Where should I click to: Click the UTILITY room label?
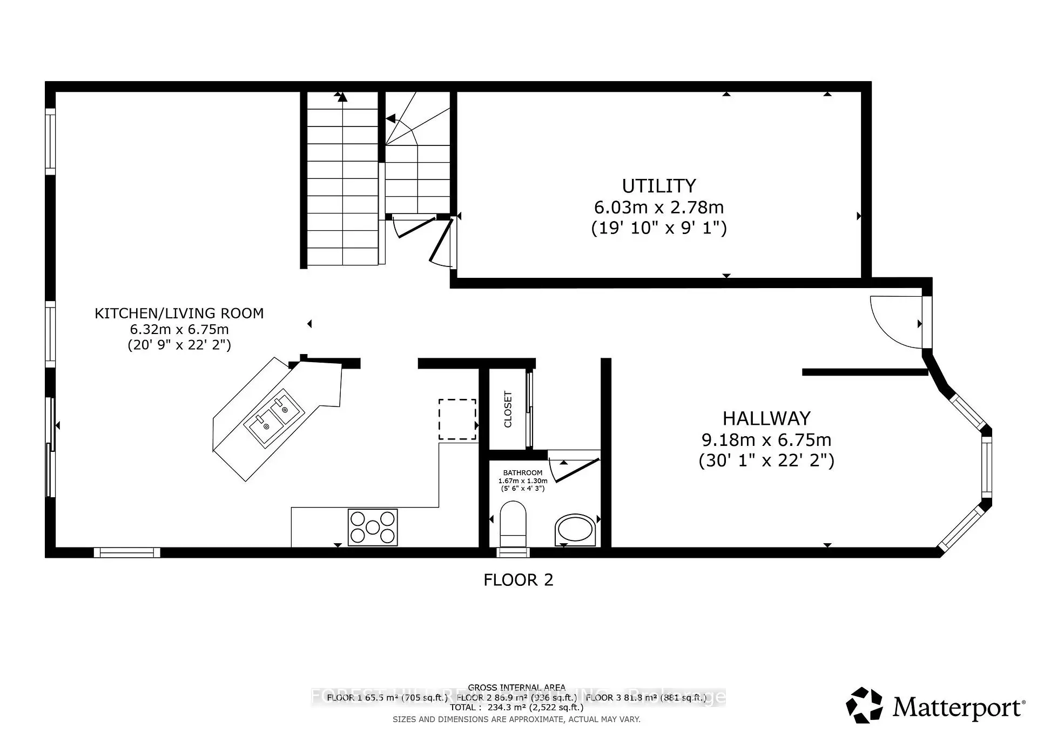658,186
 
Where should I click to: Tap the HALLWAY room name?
766,418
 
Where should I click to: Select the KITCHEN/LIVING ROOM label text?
179,313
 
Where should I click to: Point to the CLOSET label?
508,409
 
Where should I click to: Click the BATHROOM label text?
522,472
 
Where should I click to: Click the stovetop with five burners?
373,527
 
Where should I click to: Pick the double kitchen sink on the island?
274,419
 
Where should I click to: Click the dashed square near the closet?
457,419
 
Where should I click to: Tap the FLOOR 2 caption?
518,580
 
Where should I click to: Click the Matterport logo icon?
864,705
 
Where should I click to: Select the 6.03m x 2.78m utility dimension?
658,207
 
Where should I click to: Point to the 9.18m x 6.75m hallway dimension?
766,439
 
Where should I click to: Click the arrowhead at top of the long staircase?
340,97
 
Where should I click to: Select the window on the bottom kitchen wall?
127,552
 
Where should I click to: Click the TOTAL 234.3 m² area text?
516,707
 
